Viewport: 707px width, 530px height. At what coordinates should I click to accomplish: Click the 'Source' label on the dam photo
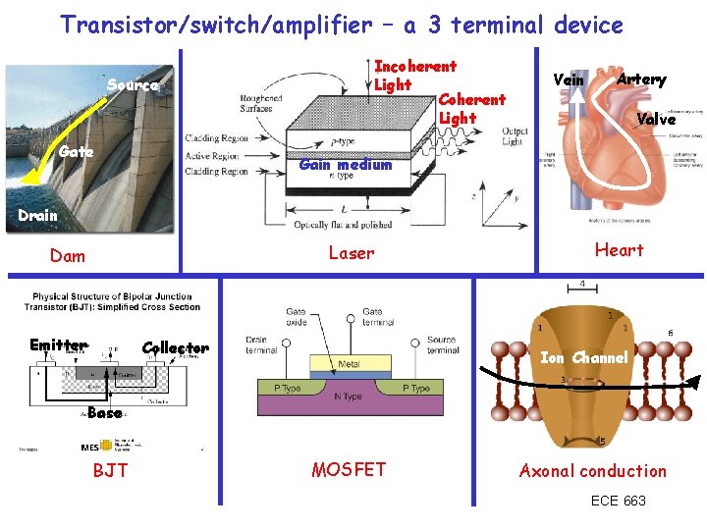[x=133, y=85]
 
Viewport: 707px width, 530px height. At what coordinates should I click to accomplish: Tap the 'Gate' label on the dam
[x=77, y=151]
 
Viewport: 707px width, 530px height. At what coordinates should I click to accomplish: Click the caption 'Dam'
[x=68, y=256]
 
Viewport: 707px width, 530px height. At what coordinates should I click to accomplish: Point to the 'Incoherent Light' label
[x=414, y=76]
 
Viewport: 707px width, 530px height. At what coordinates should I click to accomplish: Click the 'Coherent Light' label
[x=471, y=108]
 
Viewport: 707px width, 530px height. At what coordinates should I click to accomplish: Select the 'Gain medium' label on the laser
[x=345, y=164]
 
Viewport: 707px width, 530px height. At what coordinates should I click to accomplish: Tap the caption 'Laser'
[x=352, y=253]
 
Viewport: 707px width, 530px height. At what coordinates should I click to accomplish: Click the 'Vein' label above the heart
[x=569, y=79]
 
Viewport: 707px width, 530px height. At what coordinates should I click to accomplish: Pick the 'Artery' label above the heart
[x=641, y=79]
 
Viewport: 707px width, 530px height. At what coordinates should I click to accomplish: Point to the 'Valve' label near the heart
[x=655, y=120]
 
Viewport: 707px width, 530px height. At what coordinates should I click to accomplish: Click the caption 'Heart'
[x=620, y=250]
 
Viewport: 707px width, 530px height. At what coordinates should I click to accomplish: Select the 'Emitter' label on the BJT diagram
[x=58, y=345]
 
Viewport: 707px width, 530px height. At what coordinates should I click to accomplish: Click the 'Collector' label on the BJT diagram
[x=175, y=347]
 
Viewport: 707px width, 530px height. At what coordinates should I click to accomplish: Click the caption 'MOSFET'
[x=349, y=470]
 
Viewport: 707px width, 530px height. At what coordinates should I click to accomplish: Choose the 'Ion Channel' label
[x=584, y=358]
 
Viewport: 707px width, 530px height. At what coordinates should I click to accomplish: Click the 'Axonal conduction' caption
[x=593, y=471]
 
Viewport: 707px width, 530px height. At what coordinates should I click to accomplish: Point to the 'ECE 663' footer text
[x=619, y=501]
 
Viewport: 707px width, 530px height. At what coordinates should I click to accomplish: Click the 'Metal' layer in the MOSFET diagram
[x=349, y=364]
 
